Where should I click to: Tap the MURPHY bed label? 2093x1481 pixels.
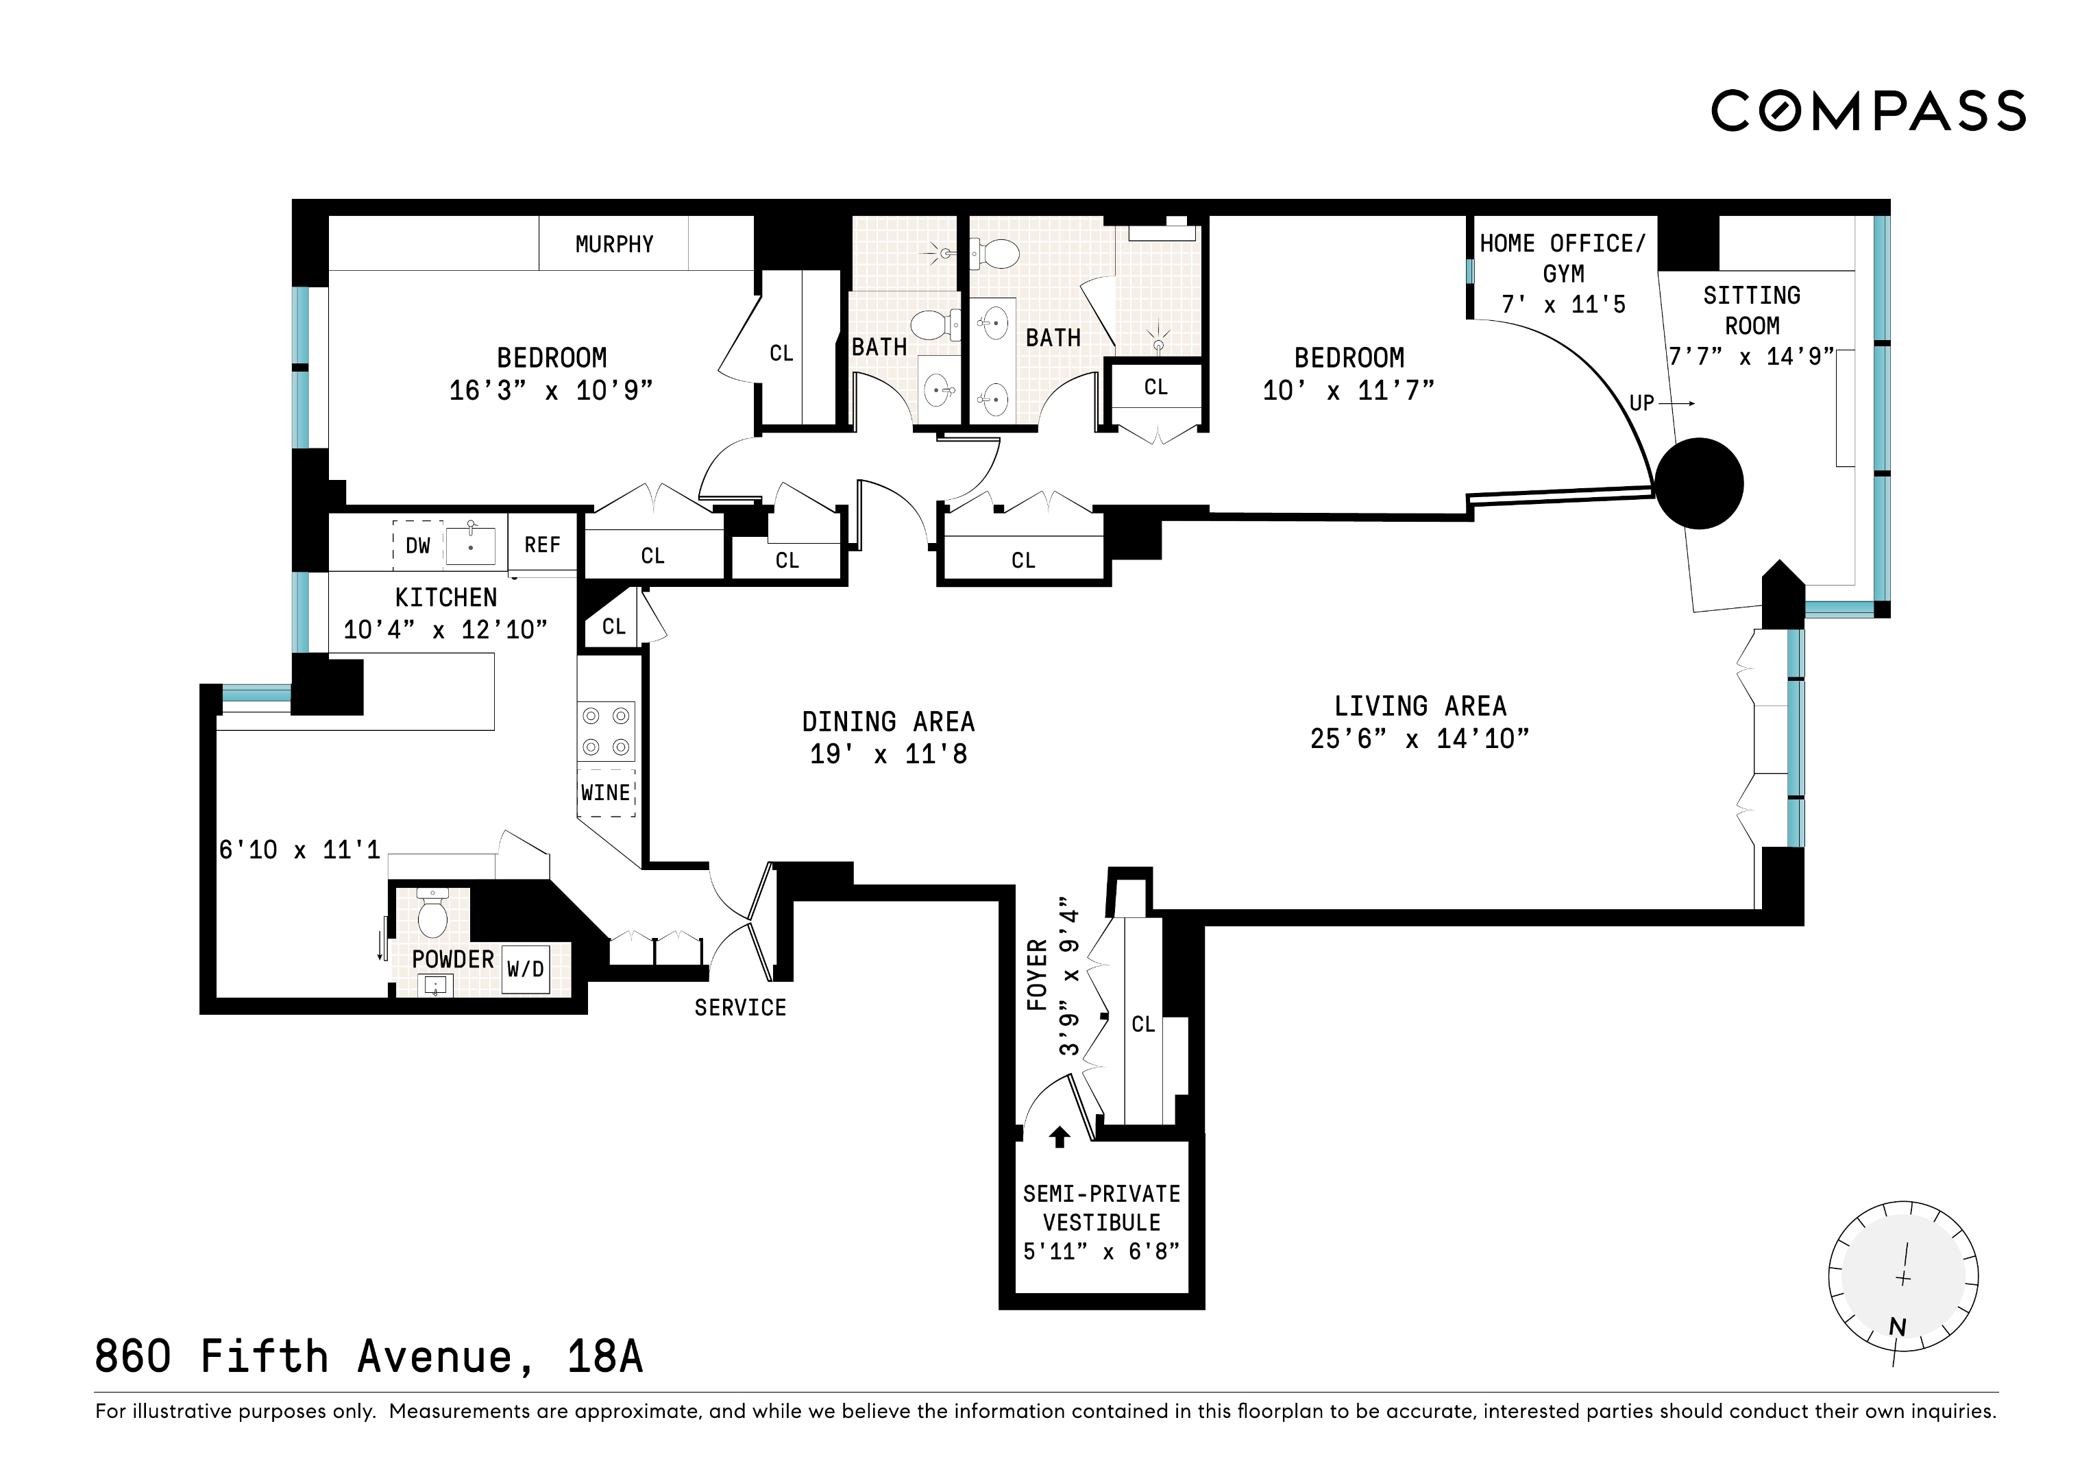point(615,244)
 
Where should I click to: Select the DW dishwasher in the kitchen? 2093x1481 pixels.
point(417,545)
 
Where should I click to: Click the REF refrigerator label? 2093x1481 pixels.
point(542,544)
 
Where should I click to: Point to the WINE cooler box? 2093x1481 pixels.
point(607,793)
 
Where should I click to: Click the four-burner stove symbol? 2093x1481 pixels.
point(607,732)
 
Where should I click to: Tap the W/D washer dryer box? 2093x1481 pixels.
point(526,969)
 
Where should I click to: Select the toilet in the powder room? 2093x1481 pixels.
point(431,912)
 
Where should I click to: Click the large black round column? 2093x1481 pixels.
point(1699,483)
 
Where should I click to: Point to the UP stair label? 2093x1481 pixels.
point(1642,403)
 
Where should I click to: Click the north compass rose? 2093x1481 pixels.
point(1903,1277)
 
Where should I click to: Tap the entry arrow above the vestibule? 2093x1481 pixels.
point(1060,1136)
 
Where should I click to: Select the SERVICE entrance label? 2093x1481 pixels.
point(740,1008)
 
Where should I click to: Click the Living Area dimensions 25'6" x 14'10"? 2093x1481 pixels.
point(1419,738)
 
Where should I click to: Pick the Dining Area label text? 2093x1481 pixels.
point(888,722)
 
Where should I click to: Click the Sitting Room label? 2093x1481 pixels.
point(1752,310)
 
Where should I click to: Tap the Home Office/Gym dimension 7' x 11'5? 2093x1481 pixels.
point(1563,304)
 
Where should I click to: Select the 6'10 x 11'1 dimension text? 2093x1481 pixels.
point(299,850)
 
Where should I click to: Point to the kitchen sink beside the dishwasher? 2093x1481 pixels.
point(470,545)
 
